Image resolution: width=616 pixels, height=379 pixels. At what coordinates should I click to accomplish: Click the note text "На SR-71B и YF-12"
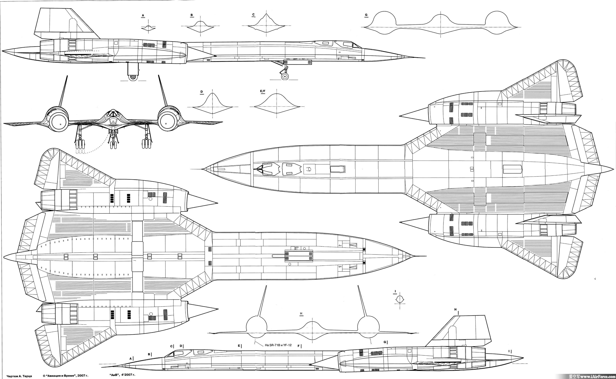278,345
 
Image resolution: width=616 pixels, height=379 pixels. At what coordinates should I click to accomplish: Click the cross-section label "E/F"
262,91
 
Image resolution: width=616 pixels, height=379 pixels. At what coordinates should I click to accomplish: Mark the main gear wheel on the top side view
133,77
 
